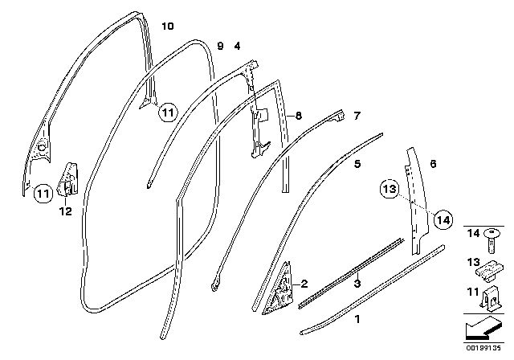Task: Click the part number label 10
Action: pos(167,27)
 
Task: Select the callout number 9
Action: pos(220,47)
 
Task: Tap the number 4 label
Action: pos(236,47)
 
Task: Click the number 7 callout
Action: pos(357,116)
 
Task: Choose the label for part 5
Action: pos(357,163)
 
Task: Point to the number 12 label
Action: pos(65,212)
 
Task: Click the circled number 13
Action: pos(390,190)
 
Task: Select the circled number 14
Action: pos(443,218)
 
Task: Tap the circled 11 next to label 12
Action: pos(43,192)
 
